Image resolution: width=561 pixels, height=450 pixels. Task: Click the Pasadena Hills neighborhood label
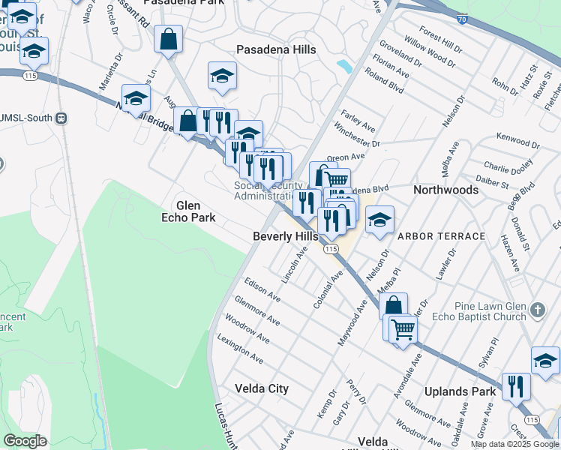pyautogui.click(x=276, y=49)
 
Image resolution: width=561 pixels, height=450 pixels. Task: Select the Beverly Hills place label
pyautogui.click(x=285, y=236)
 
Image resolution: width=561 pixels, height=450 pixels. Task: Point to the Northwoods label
pyautogui.click(x=445, y=190)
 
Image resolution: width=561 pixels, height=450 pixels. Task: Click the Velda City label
pyautogui.click(x=262, y=388)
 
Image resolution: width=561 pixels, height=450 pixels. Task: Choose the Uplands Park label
pyautogui.click(x=460, y=391)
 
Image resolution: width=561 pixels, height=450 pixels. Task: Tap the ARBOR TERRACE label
pyautogui.click(x=441, y=236)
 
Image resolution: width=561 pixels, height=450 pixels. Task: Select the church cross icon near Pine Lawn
pyautogui.click(x=537, y=309)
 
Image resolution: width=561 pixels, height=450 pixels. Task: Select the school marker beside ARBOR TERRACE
pyautogui.click(x=379, y=219)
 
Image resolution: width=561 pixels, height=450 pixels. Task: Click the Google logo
pyautogui.click(x=25, y=442)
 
